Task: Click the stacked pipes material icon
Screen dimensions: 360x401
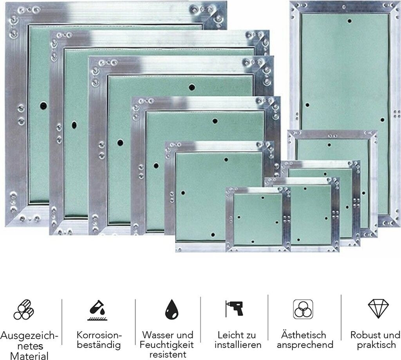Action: pos(23,310)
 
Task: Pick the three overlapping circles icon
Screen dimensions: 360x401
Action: pos(303,309)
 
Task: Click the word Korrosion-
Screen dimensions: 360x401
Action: pos(99,335)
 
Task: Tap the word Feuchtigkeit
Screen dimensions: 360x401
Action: pos(167,345)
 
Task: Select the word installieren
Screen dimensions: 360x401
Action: pos(238,345)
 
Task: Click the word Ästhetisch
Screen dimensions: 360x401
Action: pos(304,335)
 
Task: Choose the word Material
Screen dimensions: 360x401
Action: pos(29,356)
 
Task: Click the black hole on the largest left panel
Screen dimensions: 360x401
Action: pos(43,105)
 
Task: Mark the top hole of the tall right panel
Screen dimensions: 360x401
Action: pos(349,21)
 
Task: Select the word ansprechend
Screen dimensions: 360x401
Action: pos(305,345)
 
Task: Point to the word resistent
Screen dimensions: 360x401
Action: pos(167,355)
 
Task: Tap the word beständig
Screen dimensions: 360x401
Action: pos(99,345)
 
